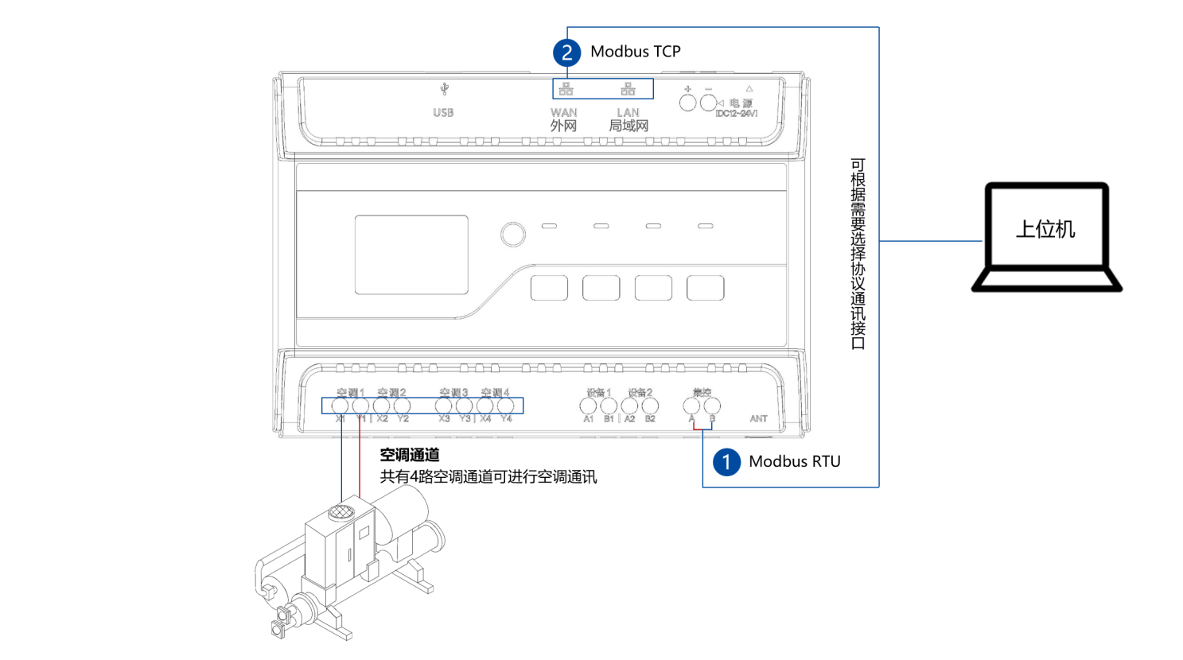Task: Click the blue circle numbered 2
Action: coord(566,52)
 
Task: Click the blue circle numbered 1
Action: coord(726,462)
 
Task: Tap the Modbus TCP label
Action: coord(635,52)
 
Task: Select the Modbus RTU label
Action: coord(794,461)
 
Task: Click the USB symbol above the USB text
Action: coord(444,89)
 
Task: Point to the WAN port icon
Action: coord(566,88)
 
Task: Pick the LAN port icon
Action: coord(628,88)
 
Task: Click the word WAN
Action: coord(563,113)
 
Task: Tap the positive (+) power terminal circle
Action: coord(687,103)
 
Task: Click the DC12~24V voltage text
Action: coord(736,114)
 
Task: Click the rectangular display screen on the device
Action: coord(411,254)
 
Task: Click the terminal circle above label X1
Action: coord(340,406)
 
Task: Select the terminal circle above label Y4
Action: coord(506,406)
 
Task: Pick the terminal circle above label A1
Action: coord(588,406)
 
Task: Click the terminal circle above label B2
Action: coord(650,406)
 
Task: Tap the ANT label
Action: coord(758,418)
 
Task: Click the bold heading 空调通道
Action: coord(410,455)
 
